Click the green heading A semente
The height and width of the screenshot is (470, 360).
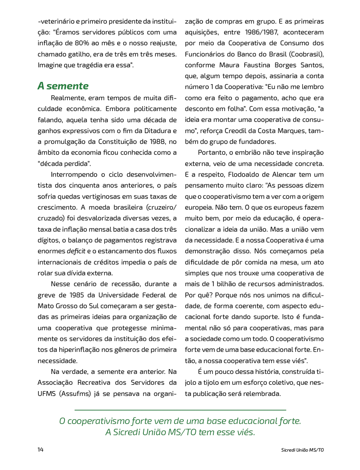[x=63, y=86]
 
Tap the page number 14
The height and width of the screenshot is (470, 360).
[x=40, y=450]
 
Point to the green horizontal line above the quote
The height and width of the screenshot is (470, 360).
[x=180, y=410]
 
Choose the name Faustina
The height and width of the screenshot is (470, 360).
[x=254, y=65]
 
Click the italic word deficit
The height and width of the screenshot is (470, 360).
[x=75, y=252]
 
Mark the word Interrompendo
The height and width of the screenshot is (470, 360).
[x=74, y=175]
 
